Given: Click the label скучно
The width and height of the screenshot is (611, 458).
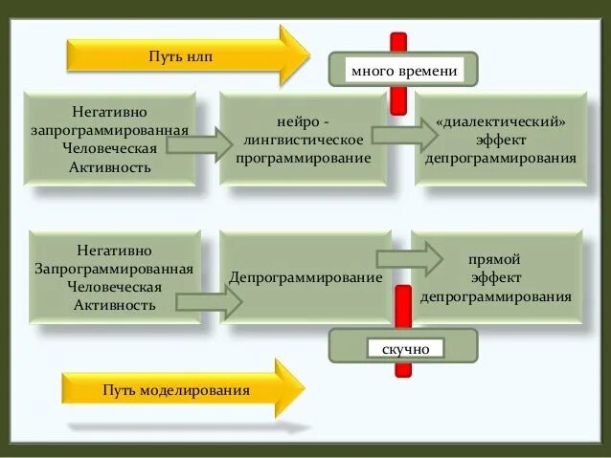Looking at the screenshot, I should (x=405, y=349).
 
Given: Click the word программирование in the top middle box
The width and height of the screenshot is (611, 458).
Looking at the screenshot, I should (x=304, y=157).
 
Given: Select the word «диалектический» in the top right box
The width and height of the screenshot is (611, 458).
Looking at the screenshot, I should (x=501, y=124).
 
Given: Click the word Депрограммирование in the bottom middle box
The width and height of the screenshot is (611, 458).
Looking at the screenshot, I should (x=305, y=277).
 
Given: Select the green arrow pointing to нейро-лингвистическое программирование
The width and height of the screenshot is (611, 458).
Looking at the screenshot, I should (x=199, y=144).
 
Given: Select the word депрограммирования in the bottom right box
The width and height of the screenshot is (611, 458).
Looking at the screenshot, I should (x=495, y=296).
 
